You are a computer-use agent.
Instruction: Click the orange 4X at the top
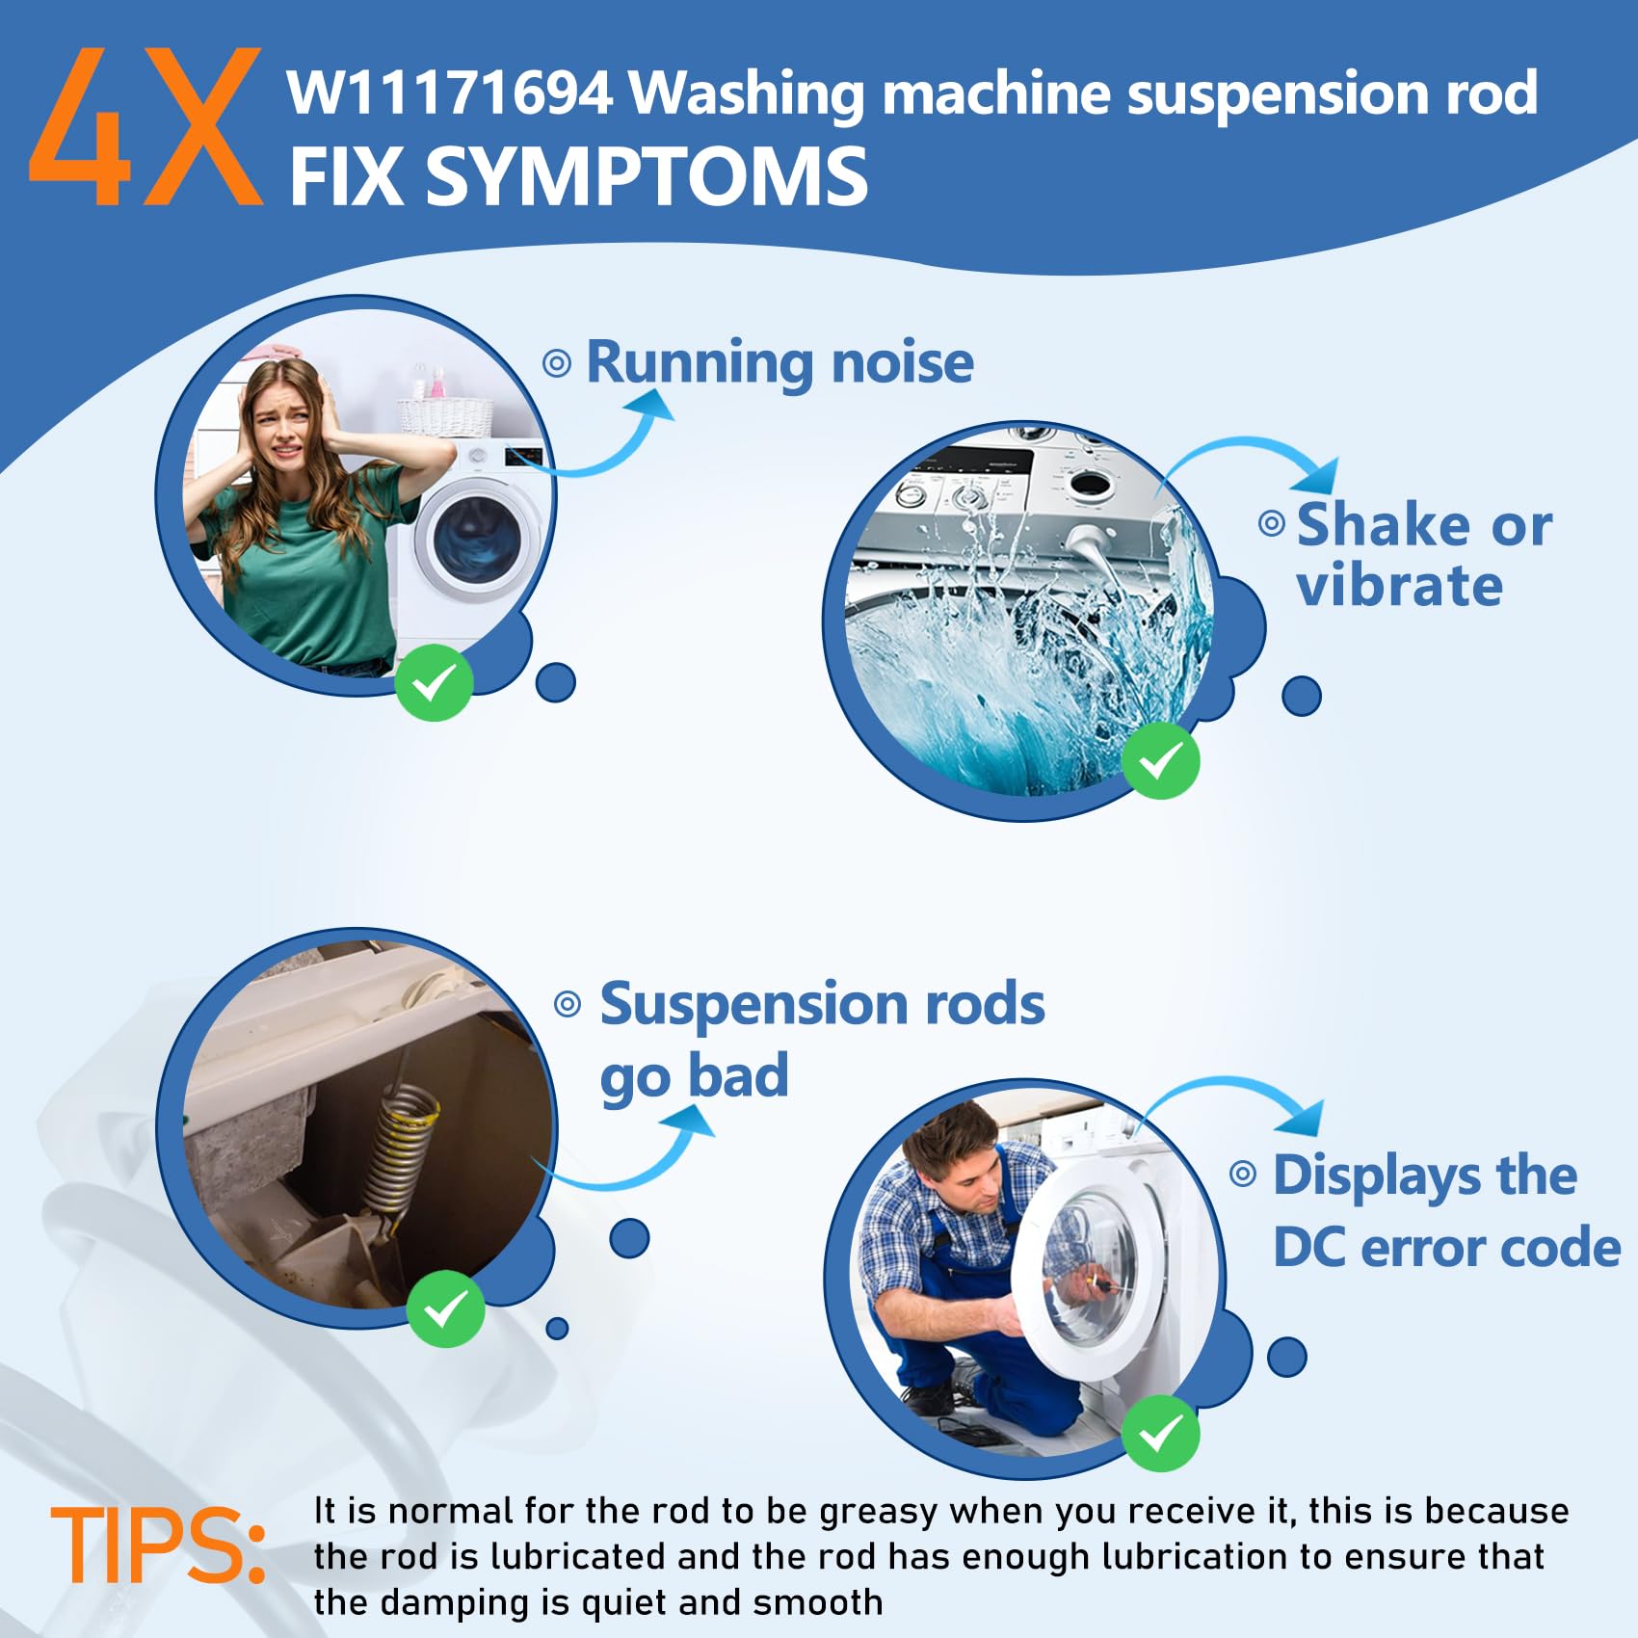click(x=146, y=127)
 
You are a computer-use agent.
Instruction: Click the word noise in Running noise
click(x=902, y=362)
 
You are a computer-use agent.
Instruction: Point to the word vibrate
click(x=1399, y=586)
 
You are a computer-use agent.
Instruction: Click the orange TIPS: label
click(x=158, y=1546)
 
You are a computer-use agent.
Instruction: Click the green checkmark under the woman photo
click(x=434, y=683)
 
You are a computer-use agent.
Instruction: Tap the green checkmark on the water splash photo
click(x=1161, y=761)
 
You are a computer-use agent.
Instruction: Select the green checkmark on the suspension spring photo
click(x=445, y=1308)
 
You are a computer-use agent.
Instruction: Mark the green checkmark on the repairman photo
click(x=1161, y=1433)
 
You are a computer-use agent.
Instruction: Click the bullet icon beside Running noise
click(x=557, y=363)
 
